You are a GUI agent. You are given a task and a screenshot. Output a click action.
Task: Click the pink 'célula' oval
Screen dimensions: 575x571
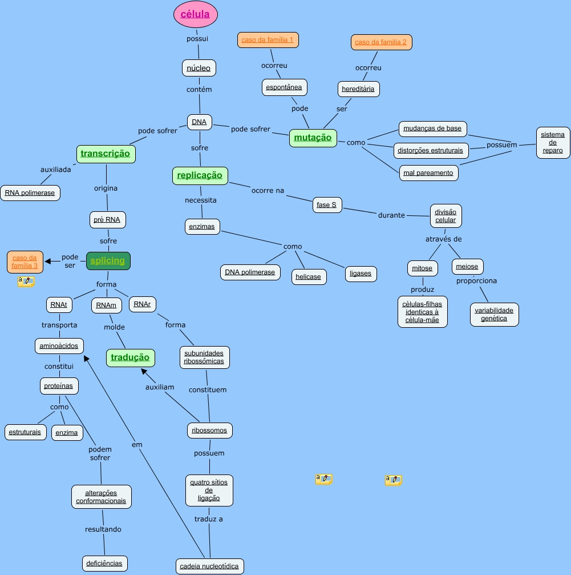(196, 15)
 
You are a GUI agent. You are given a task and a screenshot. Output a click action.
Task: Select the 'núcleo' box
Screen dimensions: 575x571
(199, 68)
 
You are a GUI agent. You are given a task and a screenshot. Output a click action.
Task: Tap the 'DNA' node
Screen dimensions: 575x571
(199, 122)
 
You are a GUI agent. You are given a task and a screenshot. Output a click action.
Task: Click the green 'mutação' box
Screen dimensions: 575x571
(313, 138)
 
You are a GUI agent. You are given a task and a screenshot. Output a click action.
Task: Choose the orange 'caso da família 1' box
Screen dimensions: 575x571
(268, 40)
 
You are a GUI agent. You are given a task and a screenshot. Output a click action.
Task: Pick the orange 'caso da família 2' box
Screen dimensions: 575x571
(381, 42)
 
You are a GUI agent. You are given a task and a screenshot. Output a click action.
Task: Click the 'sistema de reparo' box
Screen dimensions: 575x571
(553, 143)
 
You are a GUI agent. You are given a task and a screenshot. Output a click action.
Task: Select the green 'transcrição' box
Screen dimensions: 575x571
(106, 154)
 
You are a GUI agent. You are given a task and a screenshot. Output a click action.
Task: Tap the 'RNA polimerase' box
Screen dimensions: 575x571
(30, 193)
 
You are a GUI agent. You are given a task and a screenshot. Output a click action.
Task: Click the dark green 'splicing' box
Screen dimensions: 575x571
(108, 261)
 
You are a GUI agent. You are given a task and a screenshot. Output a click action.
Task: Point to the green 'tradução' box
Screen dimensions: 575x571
(130, 357)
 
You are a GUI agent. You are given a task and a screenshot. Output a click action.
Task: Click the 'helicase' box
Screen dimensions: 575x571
(308, 277)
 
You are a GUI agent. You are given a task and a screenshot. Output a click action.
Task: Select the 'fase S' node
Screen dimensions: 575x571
(326, 204)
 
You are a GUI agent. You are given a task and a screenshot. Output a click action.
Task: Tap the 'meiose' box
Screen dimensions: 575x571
(467, 267)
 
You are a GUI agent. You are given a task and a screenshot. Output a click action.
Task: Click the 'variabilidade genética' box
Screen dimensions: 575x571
(494, 315)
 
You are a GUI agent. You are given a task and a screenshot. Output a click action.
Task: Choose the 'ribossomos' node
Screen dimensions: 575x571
(209, 431)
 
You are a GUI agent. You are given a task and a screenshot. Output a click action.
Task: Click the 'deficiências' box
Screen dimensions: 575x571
(104, 563)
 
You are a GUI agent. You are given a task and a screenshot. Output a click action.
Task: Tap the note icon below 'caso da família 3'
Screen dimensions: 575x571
(26, 281)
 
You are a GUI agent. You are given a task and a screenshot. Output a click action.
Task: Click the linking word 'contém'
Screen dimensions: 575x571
(199, 90)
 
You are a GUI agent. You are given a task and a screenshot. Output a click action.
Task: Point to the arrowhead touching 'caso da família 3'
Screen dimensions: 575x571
(48, 261)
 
